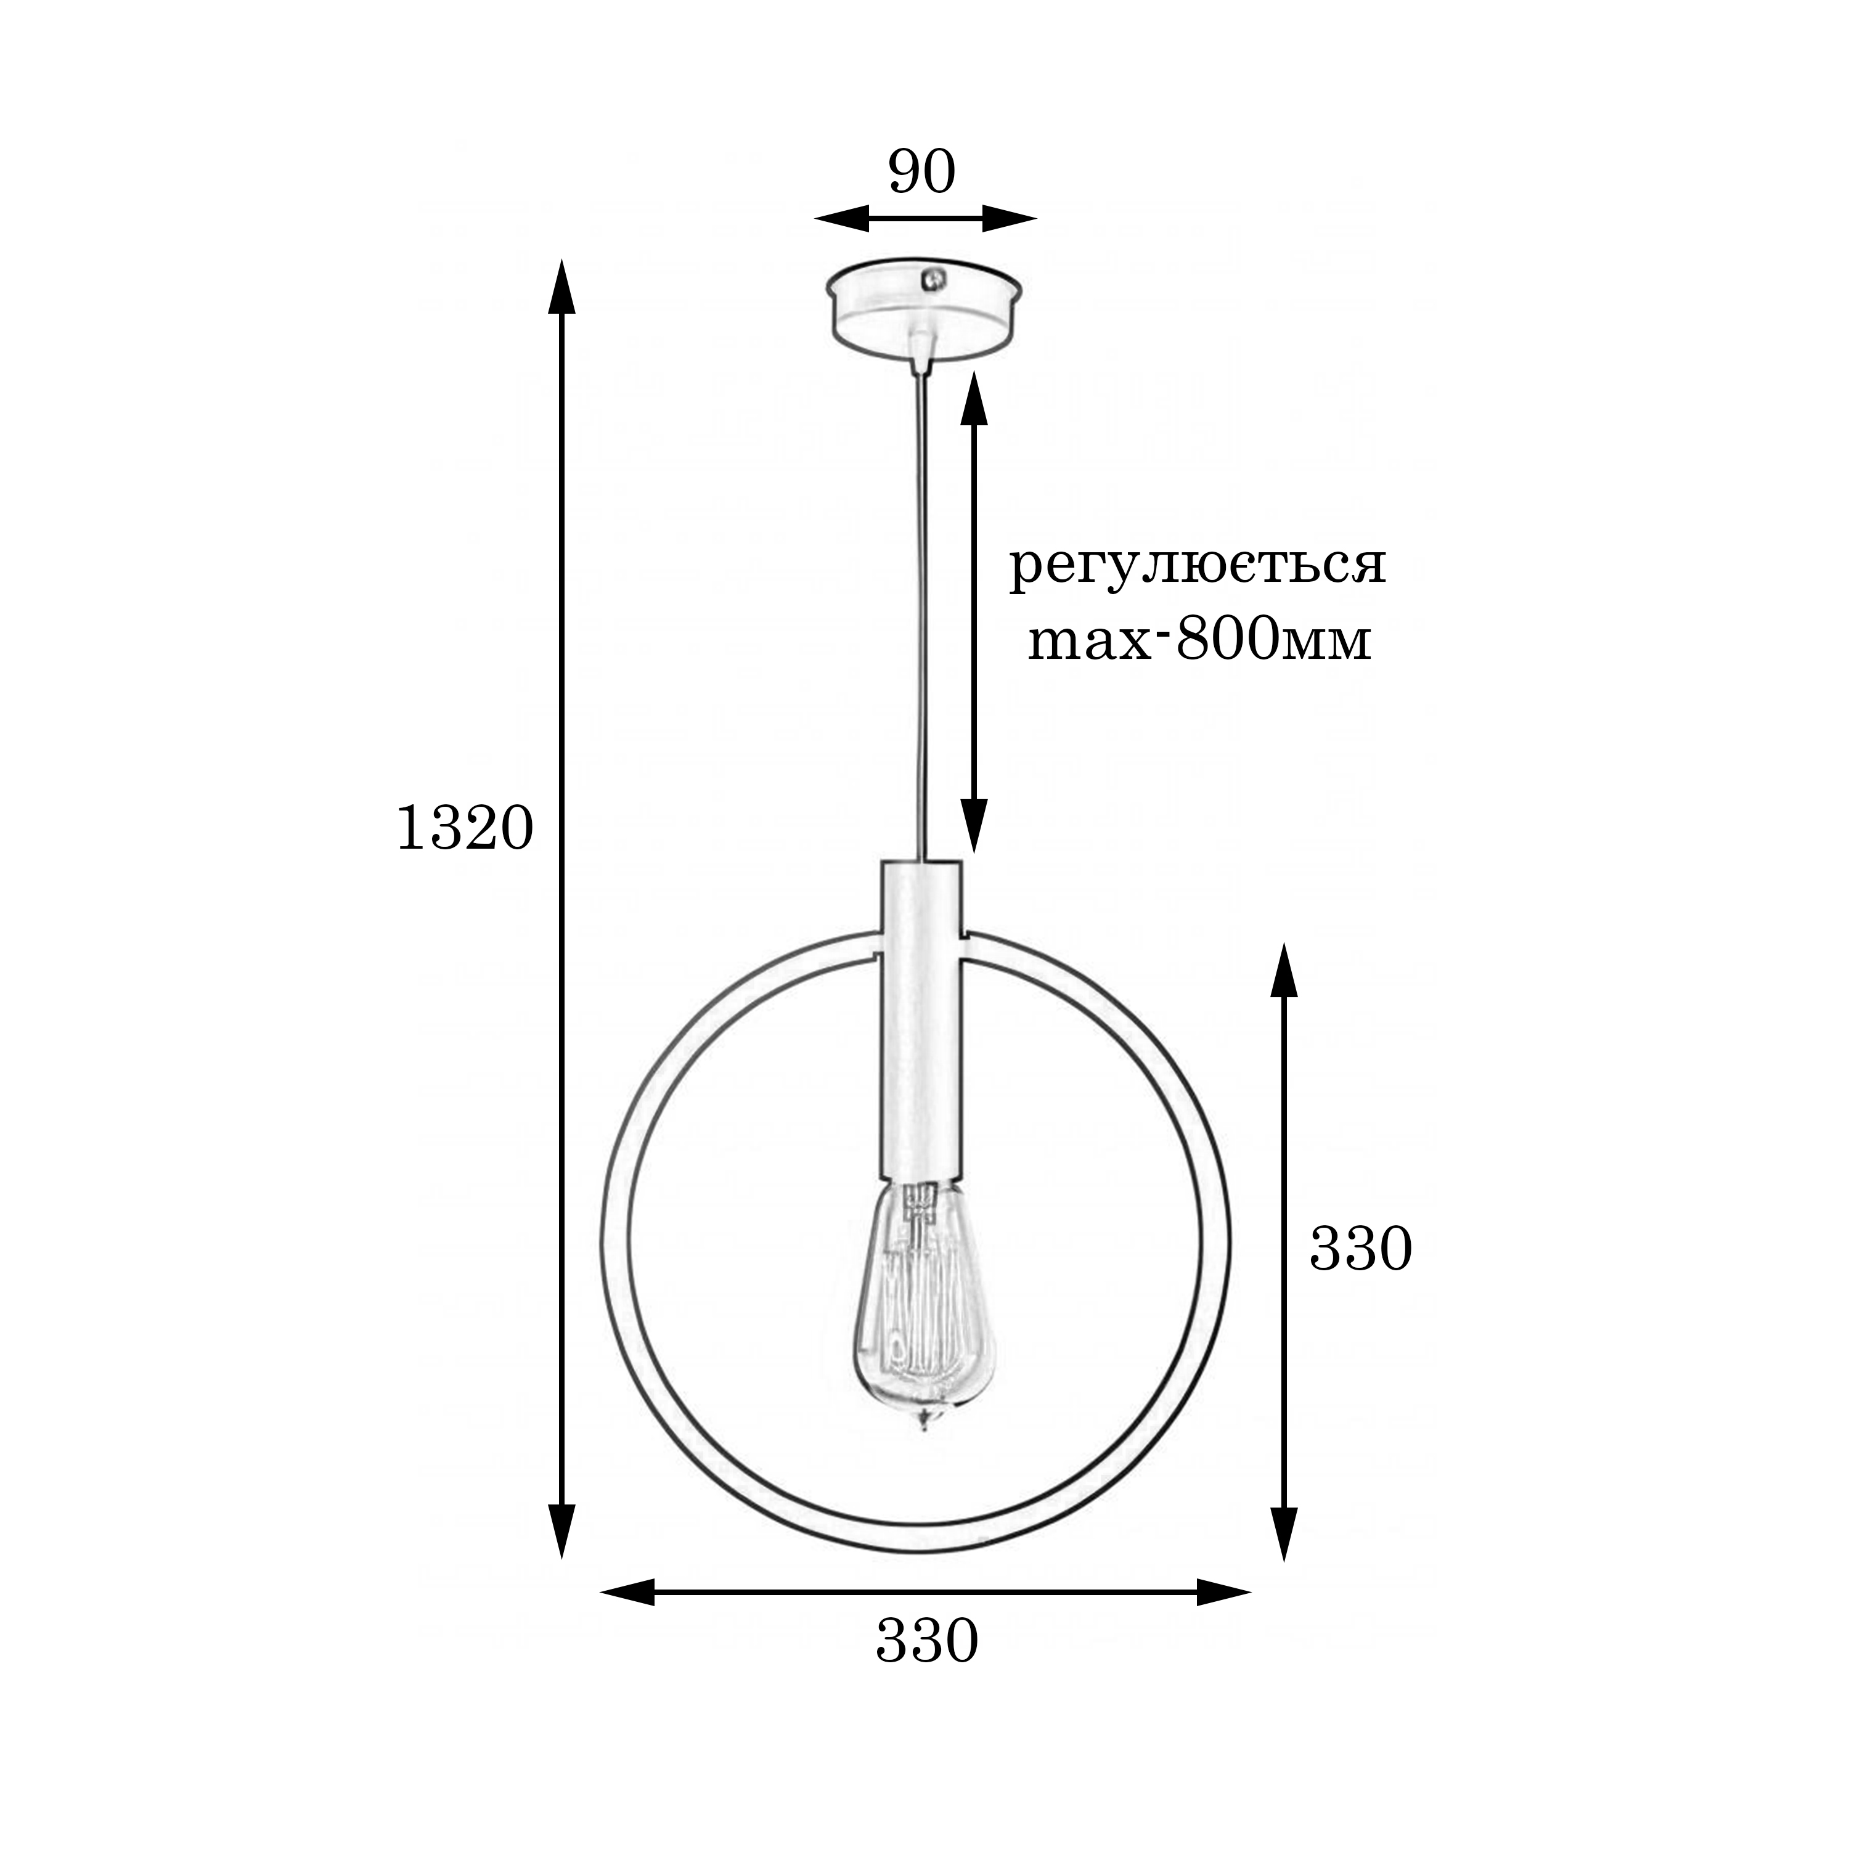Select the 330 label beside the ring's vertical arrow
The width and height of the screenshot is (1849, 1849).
1360,1249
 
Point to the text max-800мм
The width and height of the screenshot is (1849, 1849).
1199,639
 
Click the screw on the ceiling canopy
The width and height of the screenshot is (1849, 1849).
928,279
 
